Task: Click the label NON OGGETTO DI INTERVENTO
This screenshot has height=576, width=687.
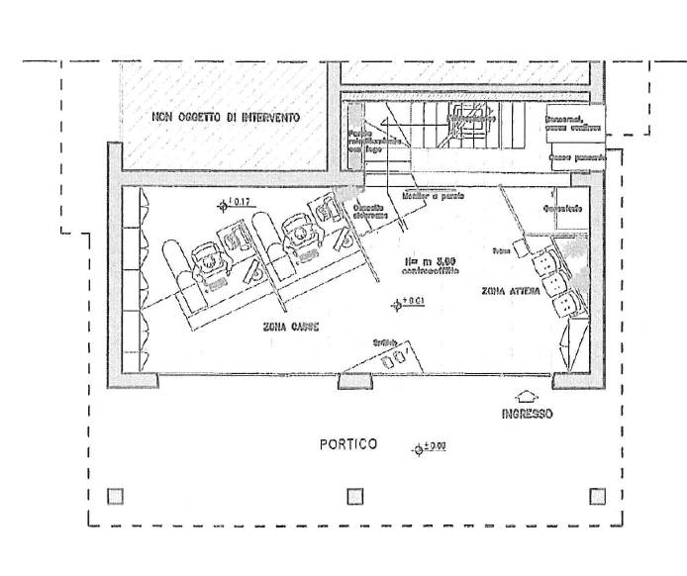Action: pos(226,118)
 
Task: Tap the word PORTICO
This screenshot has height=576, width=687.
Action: pos(347,444)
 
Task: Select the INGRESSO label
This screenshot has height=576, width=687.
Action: pos(526,414)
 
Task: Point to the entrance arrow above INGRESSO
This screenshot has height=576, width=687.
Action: pos(525,395)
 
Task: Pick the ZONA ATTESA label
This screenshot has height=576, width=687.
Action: pos(511,291)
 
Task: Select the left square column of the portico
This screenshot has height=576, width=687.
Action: pos(116,496)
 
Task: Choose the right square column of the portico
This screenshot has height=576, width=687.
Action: pos(597,496)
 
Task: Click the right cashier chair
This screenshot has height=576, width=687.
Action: pos(298,233)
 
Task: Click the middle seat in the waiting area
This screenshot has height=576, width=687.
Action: pos(554,279)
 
